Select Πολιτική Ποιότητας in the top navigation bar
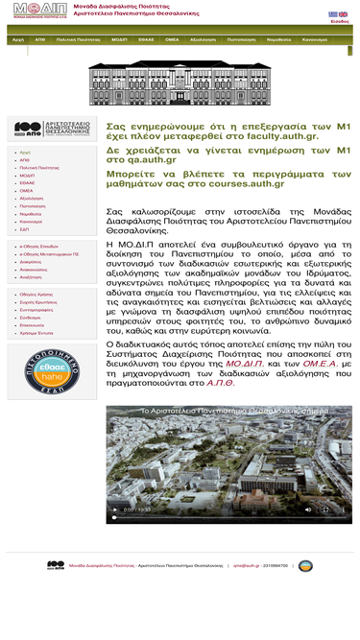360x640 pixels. click(79, 40)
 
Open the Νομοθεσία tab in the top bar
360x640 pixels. click(278, 40)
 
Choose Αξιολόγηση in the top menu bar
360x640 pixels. click(203, 40)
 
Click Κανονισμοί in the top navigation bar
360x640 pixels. click(314, 40)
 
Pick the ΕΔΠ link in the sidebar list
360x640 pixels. click(25, 229)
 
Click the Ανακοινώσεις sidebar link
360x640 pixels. click(34, 269)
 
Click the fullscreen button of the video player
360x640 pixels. click(325, 510)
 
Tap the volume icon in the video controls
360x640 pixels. click(307, 510)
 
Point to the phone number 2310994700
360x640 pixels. click(275, 566)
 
